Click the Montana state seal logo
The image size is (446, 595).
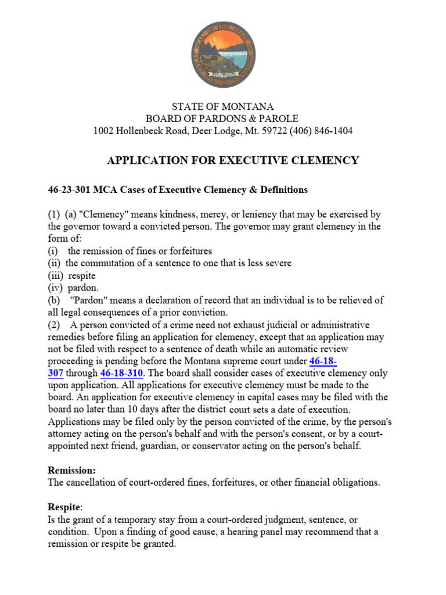[x=222, y=56]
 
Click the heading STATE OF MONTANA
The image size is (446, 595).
[x=222, y=106]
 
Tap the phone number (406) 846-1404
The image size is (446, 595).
[x=321, y=131]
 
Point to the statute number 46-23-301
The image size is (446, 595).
[x=69, y=190]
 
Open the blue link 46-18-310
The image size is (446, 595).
[x=121, y=373]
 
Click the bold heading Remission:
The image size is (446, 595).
[x=71, y=470]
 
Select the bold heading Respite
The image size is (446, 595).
[x=63, y=507]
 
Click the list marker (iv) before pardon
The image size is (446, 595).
[x=56, y=288]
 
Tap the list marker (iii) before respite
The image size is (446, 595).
[x=56, y=275]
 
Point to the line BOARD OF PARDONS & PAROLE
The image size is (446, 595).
[x=222, y=119]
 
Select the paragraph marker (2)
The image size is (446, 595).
[x=54, y=325]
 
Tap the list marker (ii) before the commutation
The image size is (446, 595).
[x=55, y=263]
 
